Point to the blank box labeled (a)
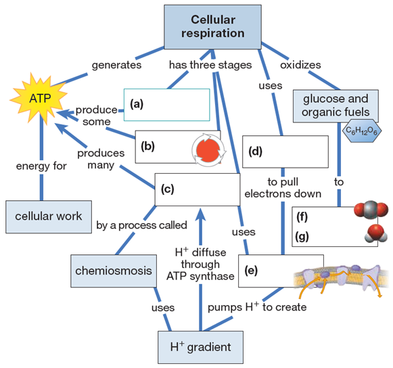coord(167,105)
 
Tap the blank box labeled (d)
coord(285,152)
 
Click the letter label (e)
coord(252,271)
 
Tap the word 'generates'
coord(118,66)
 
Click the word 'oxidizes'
coord(302,66)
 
